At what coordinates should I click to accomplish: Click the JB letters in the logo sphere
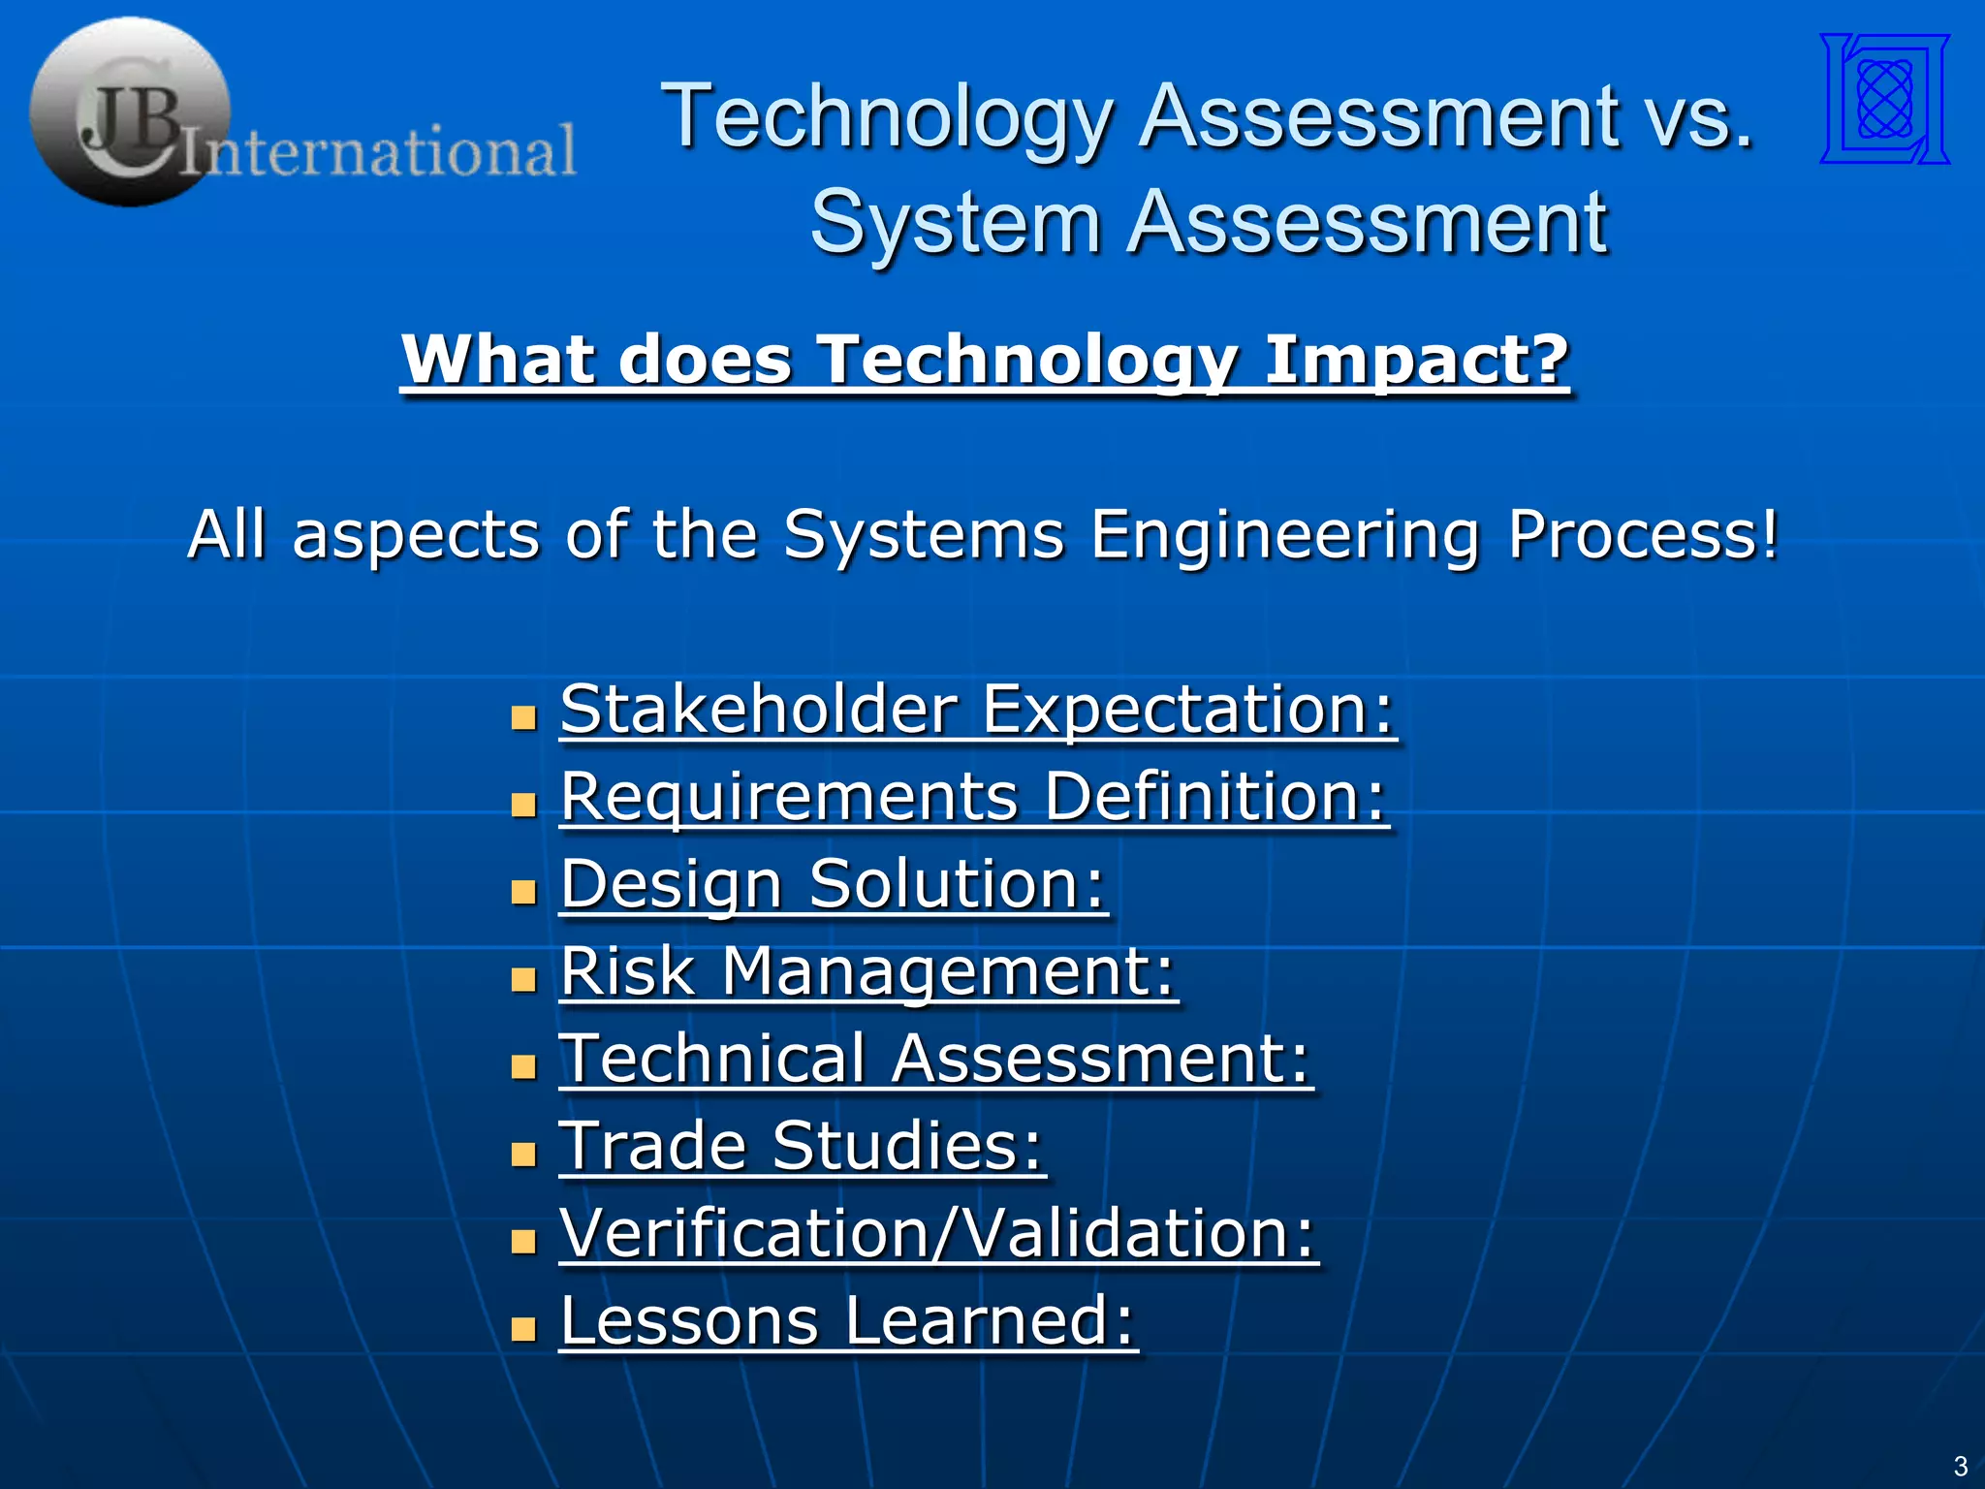(131, 121)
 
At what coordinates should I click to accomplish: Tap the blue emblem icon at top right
(1884, 99)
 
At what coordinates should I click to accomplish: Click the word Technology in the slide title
(886, 118)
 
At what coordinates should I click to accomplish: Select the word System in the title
(955, 223)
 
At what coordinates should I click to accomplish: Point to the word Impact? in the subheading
(1417, 361)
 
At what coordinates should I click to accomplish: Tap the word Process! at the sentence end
(1644, 535)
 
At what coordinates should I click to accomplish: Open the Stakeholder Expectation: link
(977, 710)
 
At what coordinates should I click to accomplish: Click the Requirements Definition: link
(974, 797)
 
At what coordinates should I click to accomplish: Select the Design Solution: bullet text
(834, 884)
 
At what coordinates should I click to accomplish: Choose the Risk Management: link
(868, 971)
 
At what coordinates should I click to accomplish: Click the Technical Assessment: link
(935, 1059)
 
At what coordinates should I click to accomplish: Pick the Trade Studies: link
(803, 1146)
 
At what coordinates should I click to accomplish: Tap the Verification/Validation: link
(938, 1233)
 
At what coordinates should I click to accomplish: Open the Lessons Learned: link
(848, 1320)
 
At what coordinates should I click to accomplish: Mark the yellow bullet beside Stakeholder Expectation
(523, 717)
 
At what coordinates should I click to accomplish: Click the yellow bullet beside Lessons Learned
(523, 1328)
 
